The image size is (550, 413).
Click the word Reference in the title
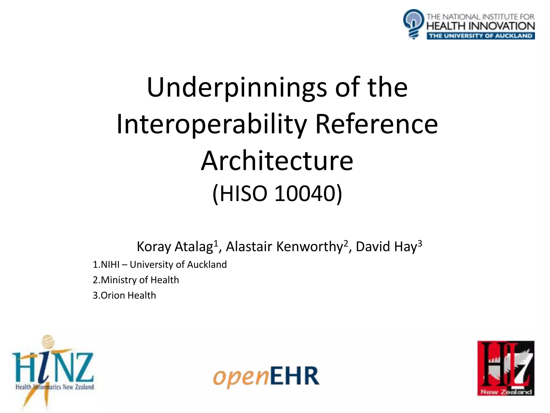click(376, 124)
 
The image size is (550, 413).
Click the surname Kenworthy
click(309, 247)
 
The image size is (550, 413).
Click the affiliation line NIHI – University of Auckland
click(160, 265)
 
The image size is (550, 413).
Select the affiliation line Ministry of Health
click(136, 280)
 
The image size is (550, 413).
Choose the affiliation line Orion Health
click(124, 295)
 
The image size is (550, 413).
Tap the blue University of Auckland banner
click(481, 36)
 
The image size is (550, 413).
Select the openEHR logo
click(266, 376)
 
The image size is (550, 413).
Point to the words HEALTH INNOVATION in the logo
click(481, 26)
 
